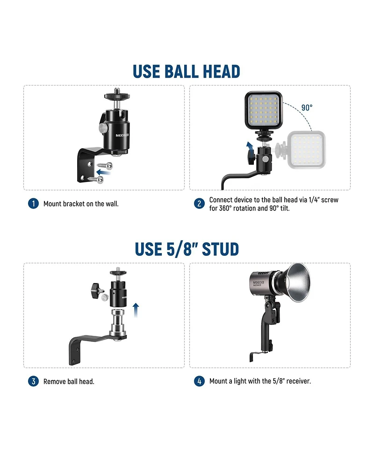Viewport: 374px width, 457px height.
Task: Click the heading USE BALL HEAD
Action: point(187,72)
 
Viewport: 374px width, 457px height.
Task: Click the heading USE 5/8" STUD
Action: point(187,249)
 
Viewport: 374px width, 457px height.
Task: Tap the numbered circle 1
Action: point(33,203)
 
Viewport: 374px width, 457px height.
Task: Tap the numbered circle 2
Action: point(199,203)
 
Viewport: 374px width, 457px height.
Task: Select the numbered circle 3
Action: point(33,381)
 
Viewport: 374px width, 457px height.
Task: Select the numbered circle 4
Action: point(199,381)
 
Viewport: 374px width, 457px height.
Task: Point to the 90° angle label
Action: point(307,108)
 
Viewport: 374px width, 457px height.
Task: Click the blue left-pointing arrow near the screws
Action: point(103,172)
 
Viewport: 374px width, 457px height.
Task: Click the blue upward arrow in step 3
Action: point(136,310)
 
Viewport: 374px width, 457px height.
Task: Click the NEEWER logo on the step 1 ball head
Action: point(122,135)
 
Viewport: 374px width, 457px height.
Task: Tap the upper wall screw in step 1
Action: point(105,166)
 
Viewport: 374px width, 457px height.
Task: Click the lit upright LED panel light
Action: point(264,110)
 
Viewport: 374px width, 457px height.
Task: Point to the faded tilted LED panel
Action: point(306,150)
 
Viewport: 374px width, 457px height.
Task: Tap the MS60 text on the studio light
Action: point(257,282)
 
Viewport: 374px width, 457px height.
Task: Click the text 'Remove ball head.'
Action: point(69,382)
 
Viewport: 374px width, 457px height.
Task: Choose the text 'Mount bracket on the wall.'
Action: point(81,204)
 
